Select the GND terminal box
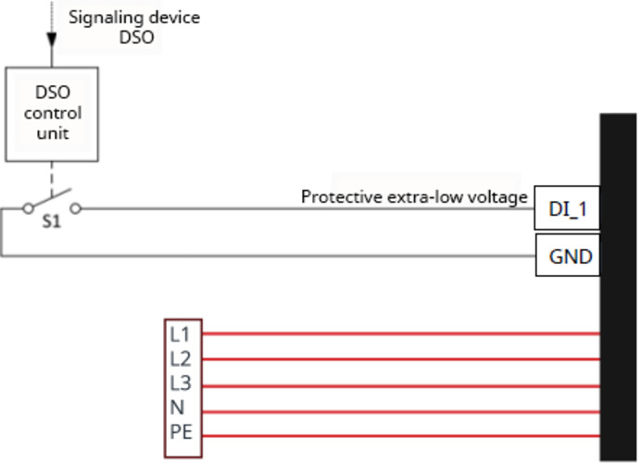click(x=568, y=256)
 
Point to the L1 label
click(x=179, y=332)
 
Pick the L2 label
click(x=179, y=358)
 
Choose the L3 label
click(x=179, y=383)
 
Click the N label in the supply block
click(x=176, y=408)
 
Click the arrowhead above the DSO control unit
click(x=52, y=40)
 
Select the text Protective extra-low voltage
click(x=414, y=197)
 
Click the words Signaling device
click(x=134, y=17)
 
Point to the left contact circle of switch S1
click(x=27, y=208)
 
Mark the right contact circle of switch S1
click(x=76, y=208)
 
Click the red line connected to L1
click(x=398, y=332)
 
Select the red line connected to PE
click(x=398, y=435)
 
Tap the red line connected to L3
click(x=398, y=383)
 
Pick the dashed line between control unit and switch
click(x=52, y=176)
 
